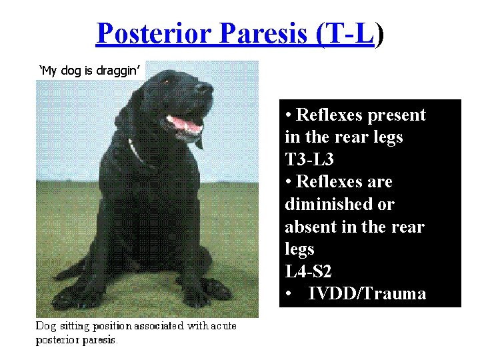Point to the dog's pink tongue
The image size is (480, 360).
(185, 125)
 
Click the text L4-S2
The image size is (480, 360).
(309, 272)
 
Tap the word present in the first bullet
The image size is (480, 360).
(395, 115)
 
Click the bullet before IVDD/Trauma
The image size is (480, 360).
(288, 295)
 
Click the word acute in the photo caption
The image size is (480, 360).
(223, 325)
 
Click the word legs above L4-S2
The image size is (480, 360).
(299, 250)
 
